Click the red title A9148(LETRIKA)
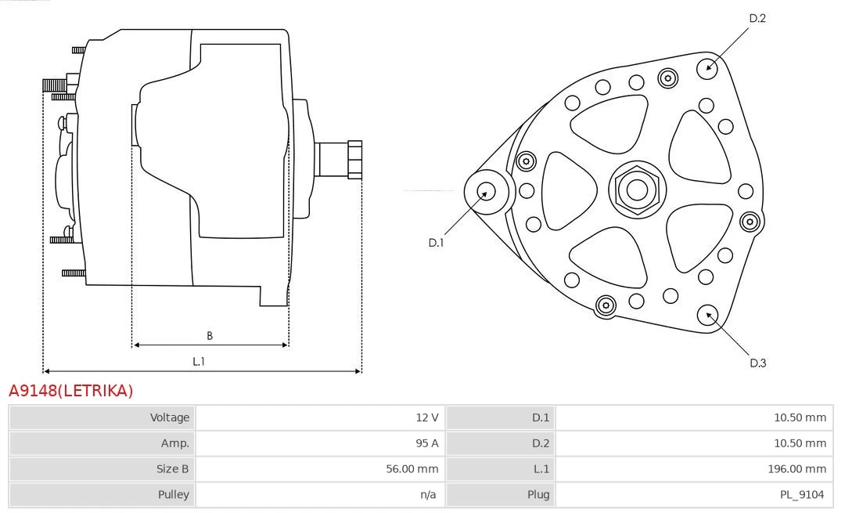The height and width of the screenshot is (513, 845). click(x=71, y=391)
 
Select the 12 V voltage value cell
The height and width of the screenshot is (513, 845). click(x=427, y=417)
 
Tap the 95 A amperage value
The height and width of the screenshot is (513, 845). click(x=427, y=443)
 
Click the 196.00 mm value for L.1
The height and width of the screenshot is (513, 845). click(x=798, y=469)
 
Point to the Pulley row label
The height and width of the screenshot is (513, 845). click(x=173, y=494)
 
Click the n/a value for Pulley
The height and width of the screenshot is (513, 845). click(x=428, y=494)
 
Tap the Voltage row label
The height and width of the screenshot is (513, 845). click(x=170, y=417)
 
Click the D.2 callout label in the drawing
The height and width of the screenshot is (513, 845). click(x=757, y=18)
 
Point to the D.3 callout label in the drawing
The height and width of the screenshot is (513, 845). click(x=757, y=363)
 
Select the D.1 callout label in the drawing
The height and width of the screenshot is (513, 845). click(x=436, y=243)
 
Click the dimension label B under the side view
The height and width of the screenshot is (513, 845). click(x=210, y=336)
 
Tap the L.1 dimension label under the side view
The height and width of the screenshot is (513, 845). click(x=199, y=362)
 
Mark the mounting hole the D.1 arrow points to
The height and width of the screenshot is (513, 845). click(x=486, y=191)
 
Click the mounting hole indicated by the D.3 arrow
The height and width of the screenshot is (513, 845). click(x=709, y=315)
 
